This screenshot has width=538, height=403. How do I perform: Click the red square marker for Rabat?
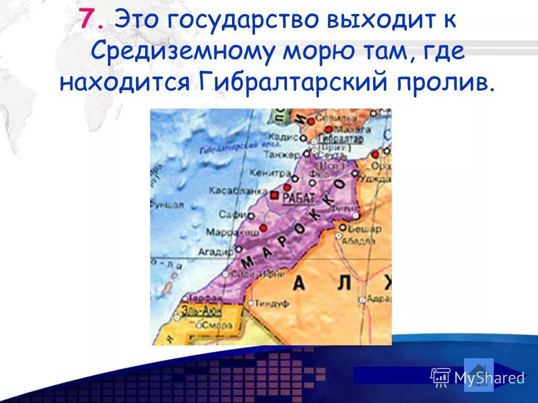pyautogui.click(x=275, y=195)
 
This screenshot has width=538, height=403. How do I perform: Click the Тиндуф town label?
pyautogui.click(x=271, y=303)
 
